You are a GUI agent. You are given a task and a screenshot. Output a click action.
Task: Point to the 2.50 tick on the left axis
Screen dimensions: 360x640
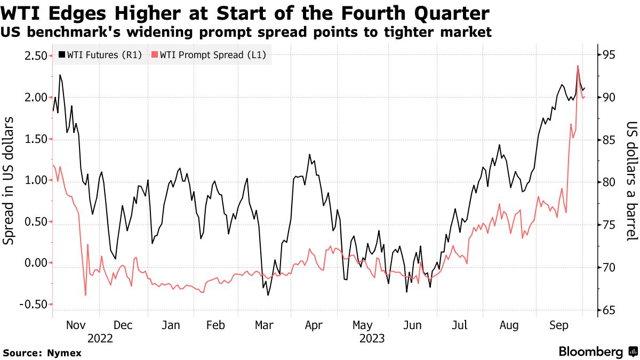[x=33, y=55]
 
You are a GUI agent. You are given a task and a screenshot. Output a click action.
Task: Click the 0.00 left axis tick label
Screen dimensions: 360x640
[x=33, y=263]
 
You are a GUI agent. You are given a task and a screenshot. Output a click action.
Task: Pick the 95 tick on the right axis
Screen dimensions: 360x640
[x=609, y=55]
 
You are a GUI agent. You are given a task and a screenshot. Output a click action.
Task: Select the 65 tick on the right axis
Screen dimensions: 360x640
[x=609, y=310]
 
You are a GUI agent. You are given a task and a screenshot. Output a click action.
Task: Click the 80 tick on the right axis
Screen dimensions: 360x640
[x=609, y=182]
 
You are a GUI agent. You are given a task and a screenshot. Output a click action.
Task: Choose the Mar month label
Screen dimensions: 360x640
[x=264, y=325]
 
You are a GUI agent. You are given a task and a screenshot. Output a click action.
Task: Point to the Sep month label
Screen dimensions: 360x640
[x=558, y=325]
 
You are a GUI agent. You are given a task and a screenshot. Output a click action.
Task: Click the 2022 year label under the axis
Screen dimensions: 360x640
[x=100, y=338]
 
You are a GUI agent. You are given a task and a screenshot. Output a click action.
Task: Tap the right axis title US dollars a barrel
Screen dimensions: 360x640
[x=632, y=181]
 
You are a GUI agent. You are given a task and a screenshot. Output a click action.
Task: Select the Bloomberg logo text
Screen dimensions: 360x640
[x=591, y=351]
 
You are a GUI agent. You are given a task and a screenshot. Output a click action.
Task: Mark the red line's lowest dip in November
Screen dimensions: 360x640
[x=85, y=295]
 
